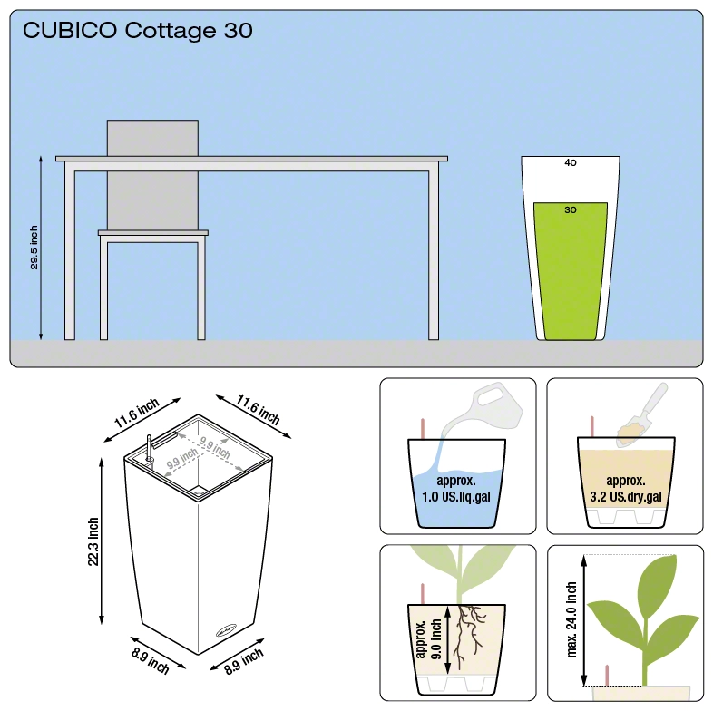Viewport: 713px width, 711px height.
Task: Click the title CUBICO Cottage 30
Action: pos(137,31)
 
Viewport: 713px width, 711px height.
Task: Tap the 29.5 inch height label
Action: pos(34,248)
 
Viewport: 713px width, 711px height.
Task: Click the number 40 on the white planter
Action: pos(571,162)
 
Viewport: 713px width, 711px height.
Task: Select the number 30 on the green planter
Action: pos(571,210)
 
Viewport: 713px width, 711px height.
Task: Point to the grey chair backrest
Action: pos(152,175)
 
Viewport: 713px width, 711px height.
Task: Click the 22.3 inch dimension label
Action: pos(93,541)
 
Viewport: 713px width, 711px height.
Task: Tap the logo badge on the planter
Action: pos(226,630)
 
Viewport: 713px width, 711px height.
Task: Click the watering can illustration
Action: pos(482,409)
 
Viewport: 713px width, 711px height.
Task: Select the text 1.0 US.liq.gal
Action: pos(456,497)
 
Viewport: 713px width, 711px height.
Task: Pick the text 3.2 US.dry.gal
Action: pos(626,497)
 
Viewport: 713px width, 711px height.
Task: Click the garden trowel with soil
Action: pos(642,414)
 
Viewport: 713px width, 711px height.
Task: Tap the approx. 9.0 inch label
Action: pos(428,639)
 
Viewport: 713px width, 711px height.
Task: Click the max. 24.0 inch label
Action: pos(571,620)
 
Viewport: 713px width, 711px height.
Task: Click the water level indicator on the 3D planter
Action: pos(149,448)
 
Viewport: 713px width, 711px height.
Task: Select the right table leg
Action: pos(434,256)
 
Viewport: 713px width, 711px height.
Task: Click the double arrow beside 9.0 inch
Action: pos(448,639)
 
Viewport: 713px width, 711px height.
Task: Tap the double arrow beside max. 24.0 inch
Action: pos(584,620)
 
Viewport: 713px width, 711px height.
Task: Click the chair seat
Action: pos(153,233)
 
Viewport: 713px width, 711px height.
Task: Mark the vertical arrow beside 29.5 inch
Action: pos(41,248)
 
